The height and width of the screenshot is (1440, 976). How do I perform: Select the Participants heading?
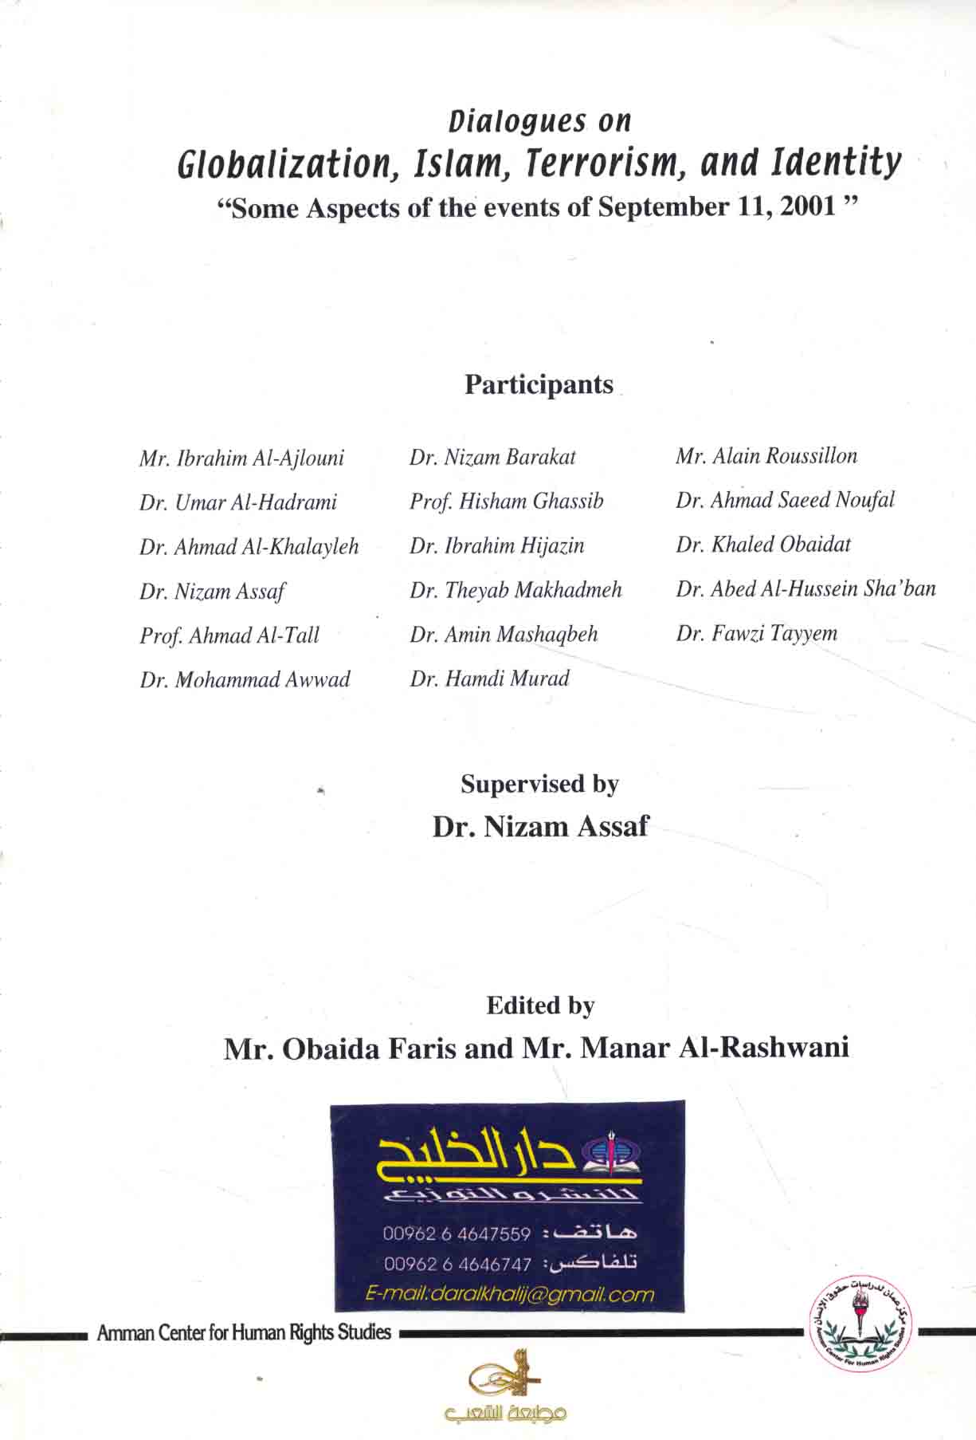tap(539, 385)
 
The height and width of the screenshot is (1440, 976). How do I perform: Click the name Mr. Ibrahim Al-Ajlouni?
tap(241, 458)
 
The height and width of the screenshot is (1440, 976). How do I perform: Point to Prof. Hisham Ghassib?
tap(506, 502)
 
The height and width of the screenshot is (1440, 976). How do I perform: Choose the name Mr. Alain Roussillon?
tap(766, 456)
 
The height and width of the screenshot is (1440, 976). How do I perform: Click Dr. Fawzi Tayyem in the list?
tap(757, 633)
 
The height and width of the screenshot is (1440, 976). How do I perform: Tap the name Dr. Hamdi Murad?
tap(489, 679)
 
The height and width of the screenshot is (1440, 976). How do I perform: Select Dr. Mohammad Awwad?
tap(245, 679)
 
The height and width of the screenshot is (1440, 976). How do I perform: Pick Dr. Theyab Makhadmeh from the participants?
tap(515, 590)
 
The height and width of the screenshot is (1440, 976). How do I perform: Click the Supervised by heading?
tap(539, 785)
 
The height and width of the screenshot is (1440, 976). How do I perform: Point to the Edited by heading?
tap(540, 1006)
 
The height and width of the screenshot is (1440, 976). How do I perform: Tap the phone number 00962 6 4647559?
tap(457, 1234)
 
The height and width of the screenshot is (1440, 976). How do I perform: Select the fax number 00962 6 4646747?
tap(457, 1265)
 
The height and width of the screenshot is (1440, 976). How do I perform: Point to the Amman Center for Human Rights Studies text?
tap(244, 1333)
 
